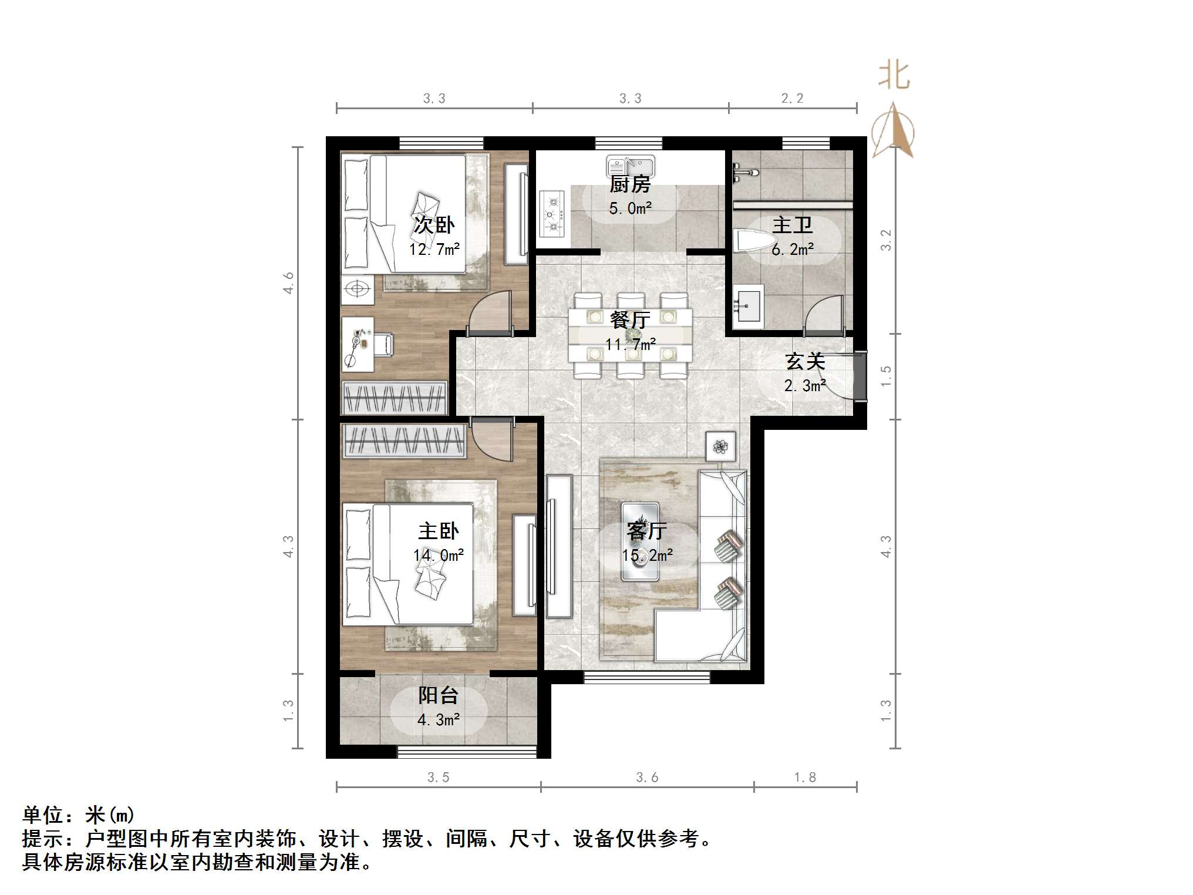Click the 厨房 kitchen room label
630,184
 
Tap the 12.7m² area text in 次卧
434,250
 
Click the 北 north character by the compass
894,77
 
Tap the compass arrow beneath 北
893,132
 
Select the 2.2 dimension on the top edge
792,99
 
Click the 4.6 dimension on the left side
289,283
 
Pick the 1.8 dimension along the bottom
805,778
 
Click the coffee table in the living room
640,541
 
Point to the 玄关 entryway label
806,361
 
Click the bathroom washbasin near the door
747,304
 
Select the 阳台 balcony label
438,695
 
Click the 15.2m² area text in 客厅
647,555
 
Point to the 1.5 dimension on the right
886,376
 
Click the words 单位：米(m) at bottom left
79,815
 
